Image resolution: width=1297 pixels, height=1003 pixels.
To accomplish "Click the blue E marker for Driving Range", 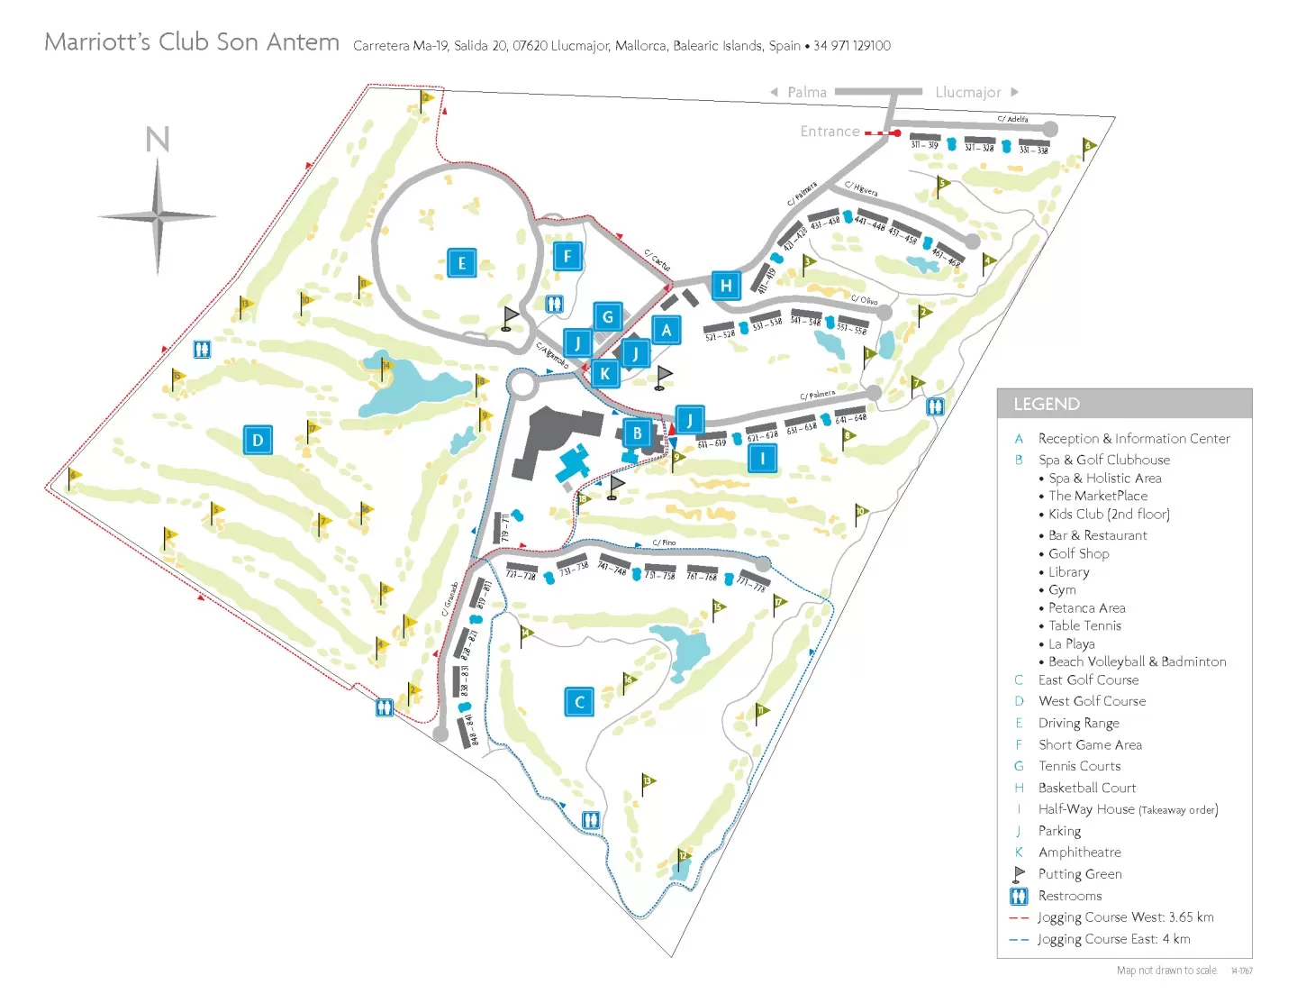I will coord(462,263).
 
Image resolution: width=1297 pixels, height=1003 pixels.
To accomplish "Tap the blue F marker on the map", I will coord(567,256).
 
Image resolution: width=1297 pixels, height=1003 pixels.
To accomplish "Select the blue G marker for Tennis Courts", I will coord(608,317).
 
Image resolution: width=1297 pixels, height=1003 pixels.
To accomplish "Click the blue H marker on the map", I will coord(726,287).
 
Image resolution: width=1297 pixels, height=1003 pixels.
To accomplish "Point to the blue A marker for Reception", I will coord(667,330).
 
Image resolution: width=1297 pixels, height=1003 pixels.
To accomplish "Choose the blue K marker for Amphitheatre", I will coord(605,373).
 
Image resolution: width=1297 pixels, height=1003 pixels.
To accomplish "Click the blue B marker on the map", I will coord(638,433).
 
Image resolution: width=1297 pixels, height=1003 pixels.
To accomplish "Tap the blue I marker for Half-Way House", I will coord(762,458).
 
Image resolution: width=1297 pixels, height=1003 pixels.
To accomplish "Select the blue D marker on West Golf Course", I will coord(258,441).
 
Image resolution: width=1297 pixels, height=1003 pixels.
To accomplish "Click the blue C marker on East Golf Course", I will coord(579,702).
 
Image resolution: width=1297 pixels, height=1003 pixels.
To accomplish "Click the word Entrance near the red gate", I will coord(830,132).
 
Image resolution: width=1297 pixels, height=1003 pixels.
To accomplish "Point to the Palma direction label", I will coord(806,92).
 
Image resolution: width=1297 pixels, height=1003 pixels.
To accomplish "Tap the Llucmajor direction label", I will coord(967,92).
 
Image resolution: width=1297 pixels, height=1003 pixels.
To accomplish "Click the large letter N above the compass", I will coord(158,140).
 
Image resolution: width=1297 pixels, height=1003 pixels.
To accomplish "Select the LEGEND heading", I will coord(1046,404).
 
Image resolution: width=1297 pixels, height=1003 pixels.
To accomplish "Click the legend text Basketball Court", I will coord(1086,788).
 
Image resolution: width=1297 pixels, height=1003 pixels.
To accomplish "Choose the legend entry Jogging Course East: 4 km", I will coord(1113,939).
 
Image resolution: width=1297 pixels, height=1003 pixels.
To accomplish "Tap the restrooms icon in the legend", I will coord(1019,896).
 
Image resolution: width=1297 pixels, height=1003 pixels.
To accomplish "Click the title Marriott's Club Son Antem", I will coord(192,42).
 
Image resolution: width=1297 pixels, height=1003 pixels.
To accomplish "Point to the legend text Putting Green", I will coord(1079,874).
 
